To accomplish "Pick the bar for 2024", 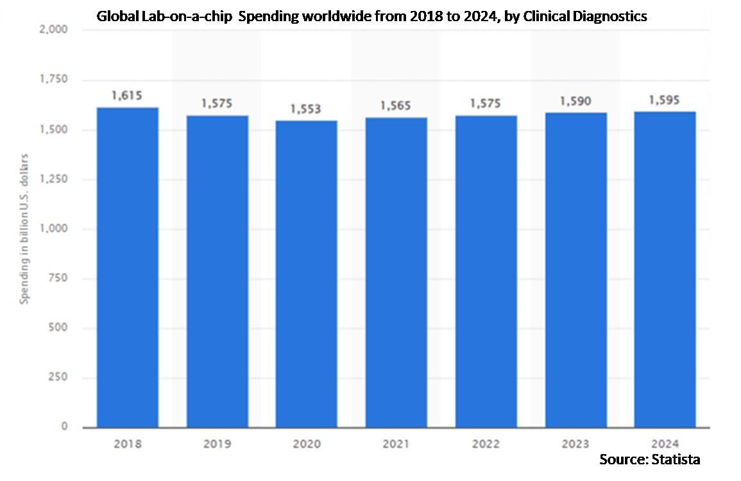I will tap(665, 269).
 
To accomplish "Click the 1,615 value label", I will tap(126, 96).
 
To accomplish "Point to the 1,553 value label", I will tap(306, 109).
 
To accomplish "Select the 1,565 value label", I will tap(396, 106).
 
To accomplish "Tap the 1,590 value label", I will tap(575, 101).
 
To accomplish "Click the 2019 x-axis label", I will tap(217, 443).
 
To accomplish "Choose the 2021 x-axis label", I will tap(396, 443).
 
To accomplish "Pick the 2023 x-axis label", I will tap(575, 443).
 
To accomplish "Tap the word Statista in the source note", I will tap(676, 459).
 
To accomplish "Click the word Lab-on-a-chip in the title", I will tap(182, 17).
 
